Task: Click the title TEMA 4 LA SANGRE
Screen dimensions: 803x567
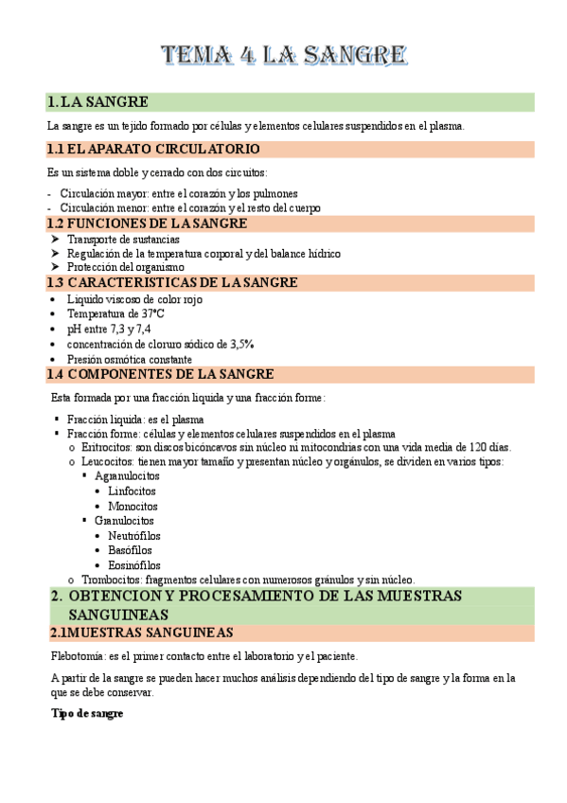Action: click(x=283, y=56)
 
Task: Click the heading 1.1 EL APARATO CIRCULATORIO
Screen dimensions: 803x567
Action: click(x=152, y=150)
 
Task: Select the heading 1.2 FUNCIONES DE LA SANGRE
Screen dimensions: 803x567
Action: click(x=147, y=223)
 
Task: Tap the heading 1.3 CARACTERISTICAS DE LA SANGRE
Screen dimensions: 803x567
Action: click(x=171, y=282)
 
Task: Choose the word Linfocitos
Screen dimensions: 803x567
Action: click(x=133, y=491)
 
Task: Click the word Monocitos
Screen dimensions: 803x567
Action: click(x=133, y=507)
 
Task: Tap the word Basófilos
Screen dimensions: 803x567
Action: click(x=130, y=550)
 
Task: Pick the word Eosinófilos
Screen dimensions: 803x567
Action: click(x=134, y=565)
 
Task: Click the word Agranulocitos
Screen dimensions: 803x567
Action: click(x=128, y=476)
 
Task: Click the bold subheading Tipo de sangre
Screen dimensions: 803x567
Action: click(x=87, y=713)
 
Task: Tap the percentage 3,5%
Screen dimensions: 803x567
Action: click(x=237, y=344)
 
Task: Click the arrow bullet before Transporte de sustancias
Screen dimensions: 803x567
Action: click(x=55, y=240)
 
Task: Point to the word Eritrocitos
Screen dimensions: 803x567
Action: click(x=106, y=447)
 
